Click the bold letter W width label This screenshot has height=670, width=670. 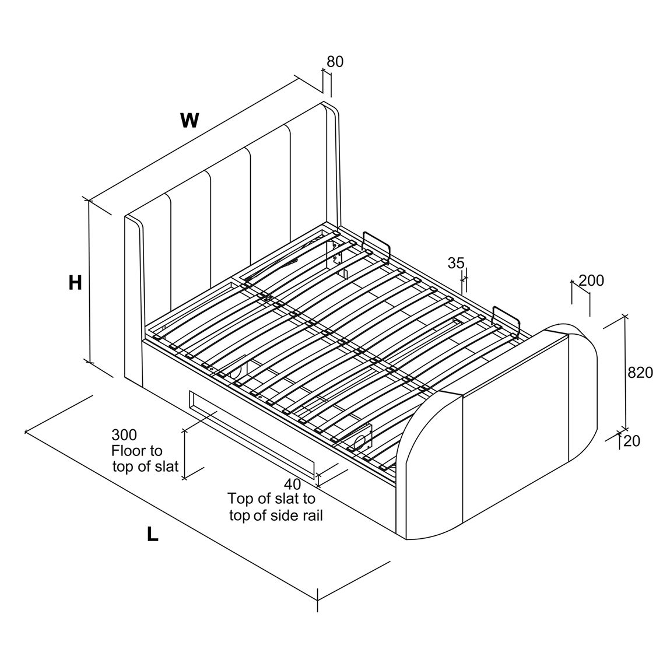tap(190, 121)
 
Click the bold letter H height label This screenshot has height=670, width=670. tap(75, 282)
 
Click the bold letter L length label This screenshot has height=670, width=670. tap(153, 534)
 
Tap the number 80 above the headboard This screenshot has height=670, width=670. tap(335, 62)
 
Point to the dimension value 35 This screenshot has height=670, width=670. tap(455, 263)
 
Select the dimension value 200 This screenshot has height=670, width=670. tap(591, 280)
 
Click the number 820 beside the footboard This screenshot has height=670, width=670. tap(640, 373)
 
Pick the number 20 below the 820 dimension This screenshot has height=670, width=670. tap(632, 441)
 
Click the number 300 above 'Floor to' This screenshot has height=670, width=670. tap(124, 435)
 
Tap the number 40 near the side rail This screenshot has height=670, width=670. tap(292, 484)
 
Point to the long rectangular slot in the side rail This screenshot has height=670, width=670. tap(252, 434)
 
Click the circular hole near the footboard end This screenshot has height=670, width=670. tap(360, 440)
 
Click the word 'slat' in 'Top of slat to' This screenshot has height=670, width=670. tap(287, 499)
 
